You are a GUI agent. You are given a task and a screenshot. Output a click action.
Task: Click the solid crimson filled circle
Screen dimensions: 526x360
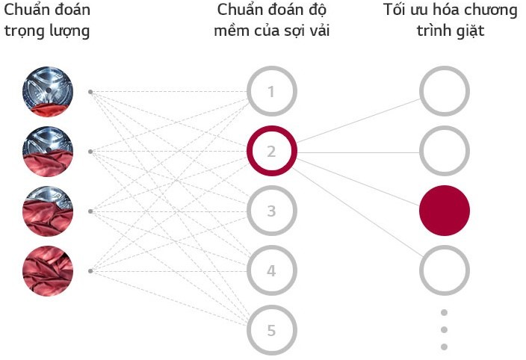pos(445,211)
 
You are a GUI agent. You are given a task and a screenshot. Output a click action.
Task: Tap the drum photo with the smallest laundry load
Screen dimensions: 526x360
pos(48,91)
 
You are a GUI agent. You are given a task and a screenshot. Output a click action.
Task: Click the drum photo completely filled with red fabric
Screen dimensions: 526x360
pos(48,271)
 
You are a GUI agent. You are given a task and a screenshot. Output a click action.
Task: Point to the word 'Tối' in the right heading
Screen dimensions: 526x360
pos(394,10)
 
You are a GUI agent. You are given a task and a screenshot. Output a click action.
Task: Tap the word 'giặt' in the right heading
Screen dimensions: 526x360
pos(470,31)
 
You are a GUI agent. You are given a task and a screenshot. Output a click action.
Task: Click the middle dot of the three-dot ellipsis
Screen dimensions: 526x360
pos(444,330)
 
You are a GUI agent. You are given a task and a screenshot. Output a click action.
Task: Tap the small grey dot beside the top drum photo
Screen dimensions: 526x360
pos(90,92)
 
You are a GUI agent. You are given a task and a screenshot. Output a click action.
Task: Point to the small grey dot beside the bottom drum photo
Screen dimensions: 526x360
pos(90,271)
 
